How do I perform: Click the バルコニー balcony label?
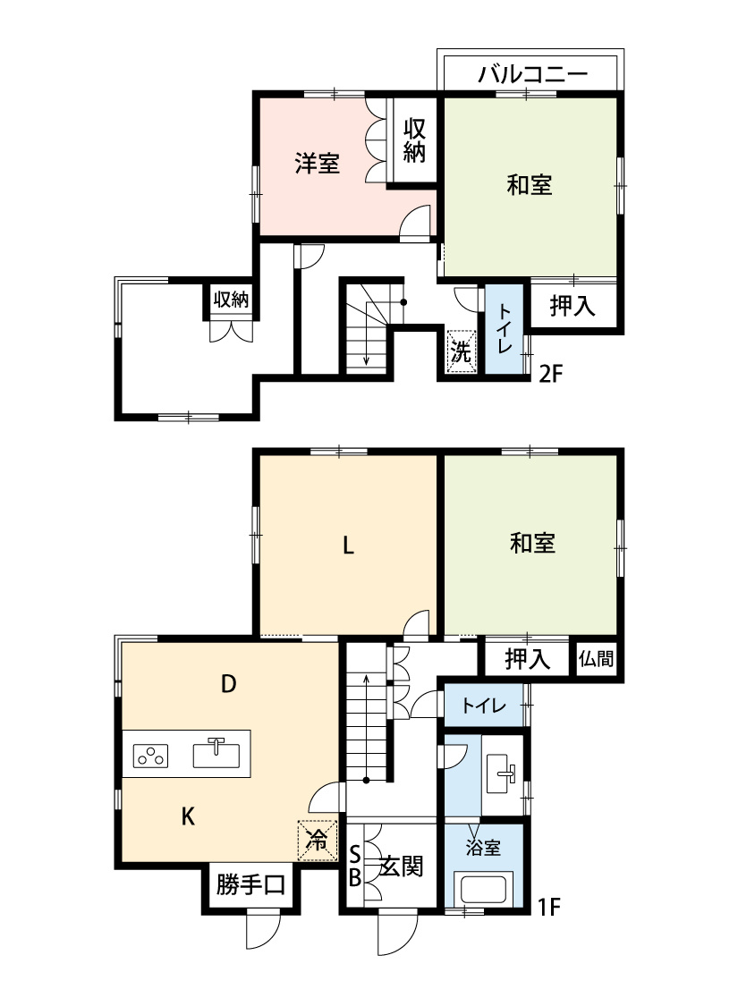(532, 74)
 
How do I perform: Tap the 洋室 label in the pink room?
(317, 163)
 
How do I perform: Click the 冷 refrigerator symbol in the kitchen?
(317, 840)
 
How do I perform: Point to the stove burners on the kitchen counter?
(151, 756)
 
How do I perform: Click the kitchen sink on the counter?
(216, 753)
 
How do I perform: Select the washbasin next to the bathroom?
(502, 774)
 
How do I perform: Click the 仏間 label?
(596, 658)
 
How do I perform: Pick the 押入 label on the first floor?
(528, 659)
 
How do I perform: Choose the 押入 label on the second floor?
(573, 306)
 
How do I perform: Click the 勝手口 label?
(250, 885)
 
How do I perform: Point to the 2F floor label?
(550, 374)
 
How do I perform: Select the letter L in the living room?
(348, 546)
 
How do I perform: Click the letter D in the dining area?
(229, 684)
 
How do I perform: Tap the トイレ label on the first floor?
(485, 706)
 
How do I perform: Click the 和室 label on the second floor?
(530, 185)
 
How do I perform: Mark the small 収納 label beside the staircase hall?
(231, 299)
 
